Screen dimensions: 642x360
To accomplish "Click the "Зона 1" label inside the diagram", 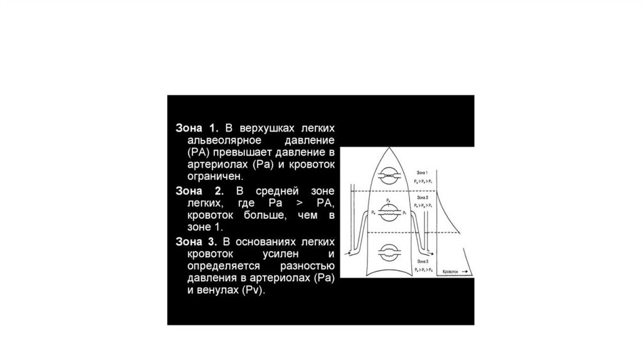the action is [422, 172].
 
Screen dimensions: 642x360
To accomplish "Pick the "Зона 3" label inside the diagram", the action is [422, 260].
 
